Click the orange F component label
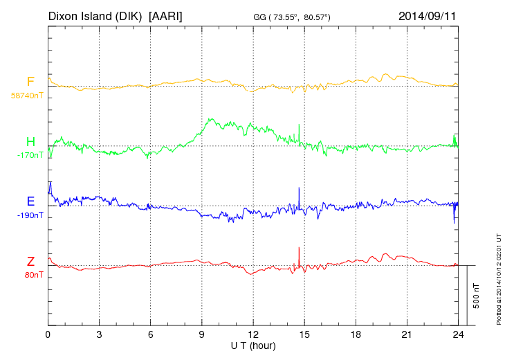pyautogui.click(x=30, y=82)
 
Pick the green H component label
pyautogui.click(x=30, y=142)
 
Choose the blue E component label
pyautogui.click(x=30, y=201)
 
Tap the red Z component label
pyautogui.click(x=30, y=261)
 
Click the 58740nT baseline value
pyautogui.click(x=26, y=95)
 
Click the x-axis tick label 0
pyautogui.click(x=48, y=334)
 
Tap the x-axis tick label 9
pyautogui.click(x=201, y=334)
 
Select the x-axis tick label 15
pyautogui.click(x=304, y=334)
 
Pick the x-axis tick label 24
pyautogui.click(x=457, y=334)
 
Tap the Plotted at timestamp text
pyautogui.click(x=499, y=277)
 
